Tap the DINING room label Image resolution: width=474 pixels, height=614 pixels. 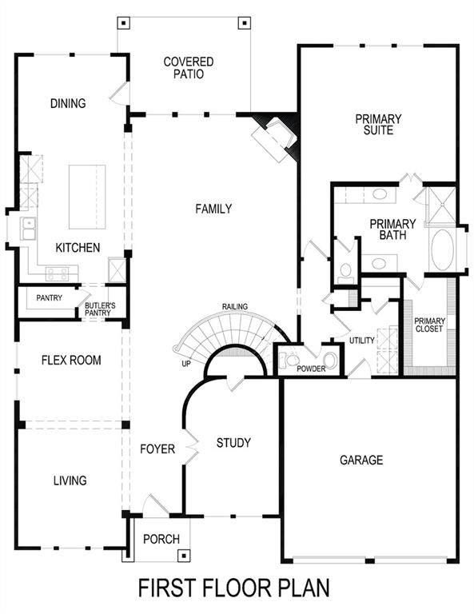(67, 103)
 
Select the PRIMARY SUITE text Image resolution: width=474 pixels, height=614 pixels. (378, 125)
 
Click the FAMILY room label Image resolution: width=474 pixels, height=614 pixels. (213, 209)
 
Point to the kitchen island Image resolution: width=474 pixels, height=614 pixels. (87, 197)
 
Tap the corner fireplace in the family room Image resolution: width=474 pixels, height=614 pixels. (276, 136)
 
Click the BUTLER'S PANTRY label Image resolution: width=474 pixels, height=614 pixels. (101, 309)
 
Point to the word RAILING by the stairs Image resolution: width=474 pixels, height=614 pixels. (235, 306)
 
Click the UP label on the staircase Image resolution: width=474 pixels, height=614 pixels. (185, 363)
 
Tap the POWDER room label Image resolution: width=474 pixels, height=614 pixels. (311, 369)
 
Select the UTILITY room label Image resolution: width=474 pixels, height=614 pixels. (361, 341)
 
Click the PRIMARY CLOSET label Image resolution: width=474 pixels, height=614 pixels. (428, 325)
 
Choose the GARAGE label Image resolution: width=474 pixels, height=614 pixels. (361, 460)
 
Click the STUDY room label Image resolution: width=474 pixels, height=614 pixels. (233, 443)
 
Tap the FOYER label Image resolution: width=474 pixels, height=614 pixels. (157, 449)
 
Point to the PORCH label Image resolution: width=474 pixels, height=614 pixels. (161, 539)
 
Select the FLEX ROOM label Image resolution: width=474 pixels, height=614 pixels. (71, 361)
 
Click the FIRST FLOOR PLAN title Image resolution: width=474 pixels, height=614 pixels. (233, 589)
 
